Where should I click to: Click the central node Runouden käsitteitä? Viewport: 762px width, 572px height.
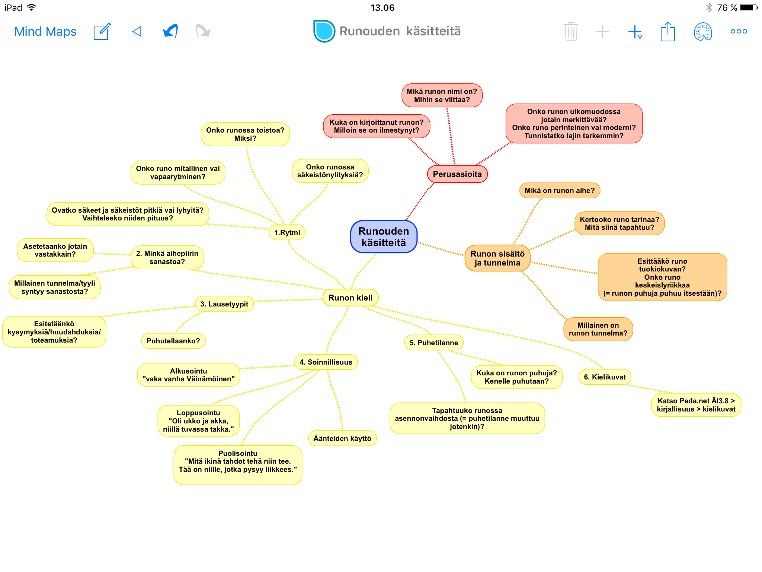pos(384,237)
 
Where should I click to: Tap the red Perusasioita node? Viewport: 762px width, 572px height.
pos(457,174)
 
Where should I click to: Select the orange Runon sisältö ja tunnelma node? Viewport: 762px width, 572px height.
pos(497,258)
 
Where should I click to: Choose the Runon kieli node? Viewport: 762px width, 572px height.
pos(350,298)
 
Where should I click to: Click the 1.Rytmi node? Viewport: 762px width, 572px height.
pos(287,232)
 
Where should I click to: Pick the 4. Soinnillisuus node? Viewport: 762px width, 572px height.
pos(326,362)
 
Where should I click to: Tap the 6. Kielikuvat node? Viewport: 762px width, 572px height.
pos(605,377)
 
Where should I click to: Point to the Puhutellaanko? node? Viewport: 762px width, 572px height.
pos(173,341)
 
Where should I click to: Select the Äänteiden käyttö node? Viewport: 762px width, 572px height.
pos(342,438)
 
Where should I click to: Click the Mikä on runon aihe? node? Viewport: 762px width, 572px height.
pos(560,190)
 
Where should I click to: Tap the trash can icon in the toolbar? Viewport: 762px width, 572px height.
pos(571,31)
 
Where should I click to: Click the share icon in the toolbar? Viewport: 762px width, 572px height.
pos(668,31)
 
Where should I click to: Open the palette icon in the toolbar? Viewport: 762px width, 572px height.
pos(703,31)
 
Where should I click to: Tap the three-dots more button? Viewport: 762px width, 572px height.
pos(739,31)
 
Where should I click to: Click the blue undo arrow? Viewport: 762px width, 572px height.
pos(170,31)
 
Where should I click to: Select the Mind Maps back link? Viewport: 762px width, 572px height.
pos(45,31)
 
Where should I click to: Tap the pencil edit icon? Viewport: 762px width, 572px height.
pos(102,31)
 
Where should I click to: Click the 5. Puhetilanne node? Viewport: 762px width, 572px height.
pos(434,343)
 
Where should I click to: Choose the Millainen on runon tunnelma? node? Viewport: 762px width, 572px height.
pos(598,329)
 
